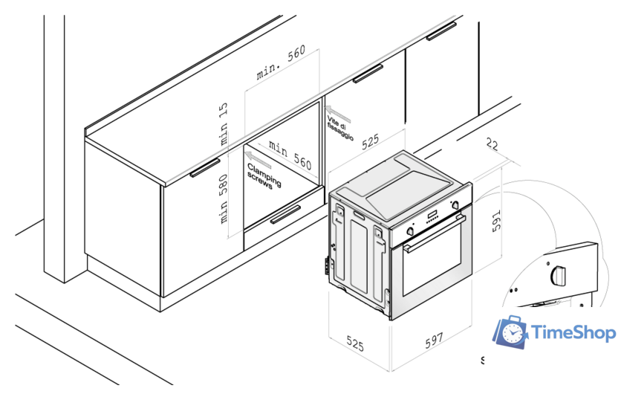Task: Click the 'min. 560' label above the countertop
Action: pyautogui.click(x=281, y=63)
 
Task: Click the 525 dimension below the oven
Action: pyautogui.click(x=356, y=345)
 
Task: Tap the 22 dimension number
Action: pyautogui.click(x=491, y=145)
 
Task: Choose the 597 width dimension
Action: pyautogui.click(x=434, y=341)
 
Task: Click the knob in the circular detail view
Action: pyautogui.click(x=557, y=275)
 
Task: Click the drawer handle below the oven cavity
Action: pyautogui.click(x=286, y=215)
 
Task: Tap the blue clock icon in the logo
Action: pyautogui.click(x=511, y=332)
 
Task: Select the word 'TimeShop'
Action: pyautogui.click(x=574, y=333)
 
